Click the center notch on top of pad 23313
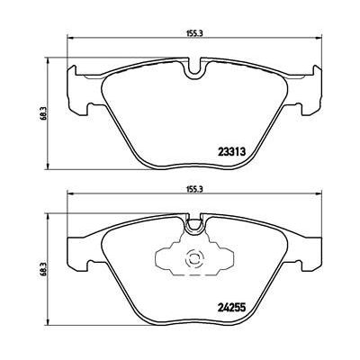point(193,67)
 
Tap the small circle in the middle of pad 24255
point(193,262)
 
